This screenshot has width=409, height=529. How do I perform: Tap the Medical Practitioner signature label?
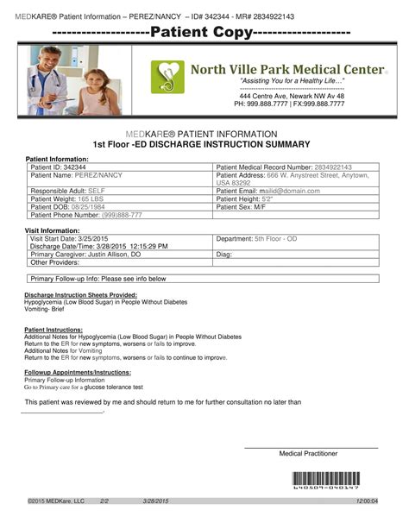coord(308,454)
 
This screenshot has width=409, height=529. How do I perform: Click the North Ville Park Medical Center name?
coord(288,68)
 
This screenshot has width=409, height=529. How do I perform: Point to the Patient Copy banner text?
coord(203,33)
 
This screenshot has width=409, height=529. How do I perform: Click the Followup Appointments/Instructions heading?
coord(78,372)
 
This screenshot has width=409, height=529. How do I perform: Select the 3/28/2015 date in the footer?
coord(156,501)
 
